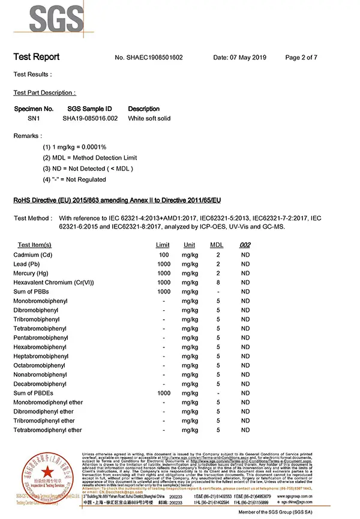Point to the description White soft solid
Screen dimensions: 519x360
149,118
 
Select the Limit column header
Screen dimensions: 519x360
163,245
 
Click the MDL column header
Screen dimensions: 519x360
217,245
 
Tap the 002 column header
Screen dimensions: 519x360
245,245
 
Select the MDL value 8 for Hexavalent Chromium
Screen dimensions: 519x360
218,282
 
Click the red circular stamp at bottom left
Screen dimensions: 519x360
41,476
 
